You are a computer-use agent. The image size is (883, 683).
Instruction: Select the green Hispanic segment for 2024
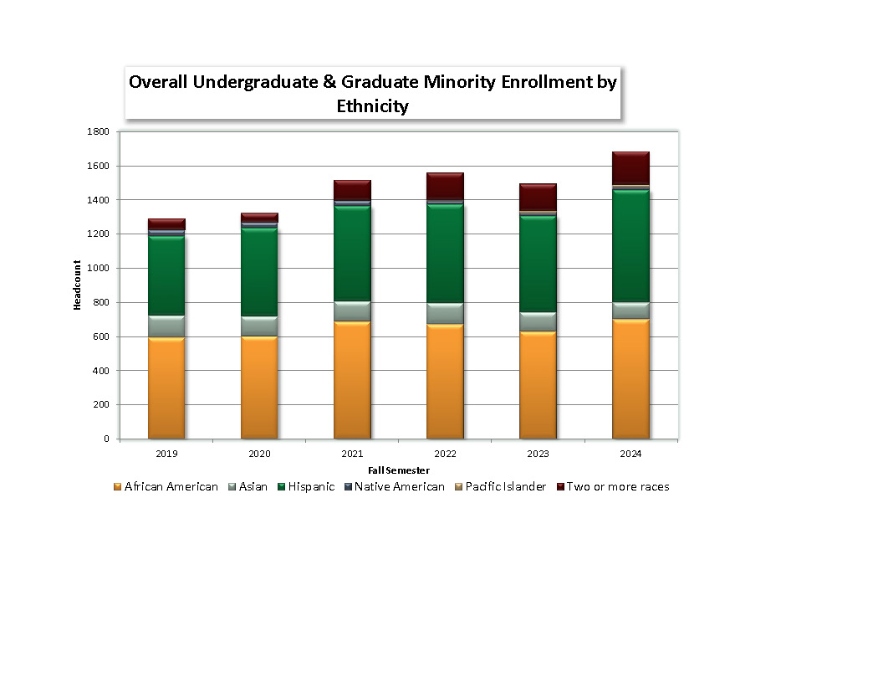click(630, 246)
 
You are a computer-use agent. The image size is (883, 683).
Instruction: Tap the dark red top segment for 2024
click(630, 168)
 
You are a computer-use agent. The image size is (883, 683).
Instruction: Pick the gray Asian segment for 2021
click(352, 311)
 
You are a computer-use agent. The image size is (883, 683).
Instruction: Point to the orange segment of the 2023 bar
click(538, 385)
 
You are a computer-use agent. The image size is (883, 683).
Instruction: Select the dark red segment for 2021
click(352, 190)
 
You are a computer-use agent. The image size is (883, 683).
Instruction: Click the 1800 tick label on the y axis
click(98, 132)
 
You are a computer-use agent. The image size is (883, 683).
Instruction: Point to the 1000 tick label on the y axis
click(98, 269)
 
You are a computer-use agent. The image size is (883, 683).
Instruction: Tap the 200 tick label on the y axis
click(100, 405)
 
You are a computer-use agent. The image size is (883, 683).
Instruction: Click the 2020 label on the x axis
click(259, 454)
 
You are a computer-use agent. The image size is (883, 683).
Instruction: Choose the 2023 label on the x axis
click(538, 454)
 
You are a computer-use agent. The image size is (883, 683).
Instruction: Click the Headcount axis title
click(77, 285)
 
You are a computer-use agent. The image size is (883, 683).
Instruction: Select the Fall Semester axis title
click(399, 470)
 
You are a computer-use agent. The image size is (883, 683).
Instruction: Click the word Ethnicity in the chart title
click(372, 106)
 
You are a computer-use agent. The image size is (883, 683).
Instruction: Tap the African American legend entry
click(171, 486)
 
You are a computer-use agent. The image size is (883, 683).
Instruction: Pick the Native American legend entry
click(399, 486)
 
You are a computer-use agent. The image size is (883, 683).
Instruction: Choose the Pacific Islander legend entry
click(505, 486)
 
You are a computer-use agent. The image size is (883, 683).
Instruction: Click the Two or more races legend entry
click(617, 486)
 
